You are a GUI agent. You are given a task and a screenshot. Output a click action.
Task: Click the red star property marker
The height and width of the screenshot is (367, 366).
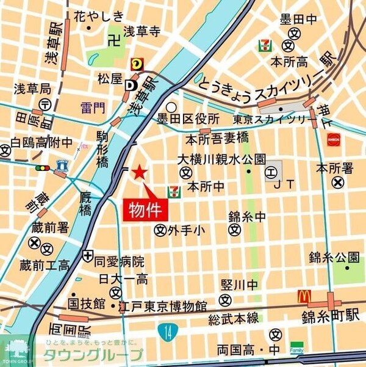(140, 172)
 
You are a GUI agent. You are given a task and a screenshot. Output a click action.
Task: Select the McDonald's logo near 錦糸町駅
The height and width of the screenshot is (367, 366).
(304, 297)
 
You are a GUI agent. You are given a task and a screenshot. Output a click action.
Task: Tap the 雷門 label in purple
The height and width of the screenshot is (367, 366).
(93, 108)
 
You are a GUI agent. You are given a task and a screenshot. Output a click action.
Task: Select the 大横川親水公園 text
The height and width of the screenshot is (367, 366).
(221, 159)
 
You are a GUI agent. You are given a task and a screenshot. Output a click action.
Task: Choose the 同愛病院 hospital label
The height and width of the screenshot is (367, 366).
(120, 262)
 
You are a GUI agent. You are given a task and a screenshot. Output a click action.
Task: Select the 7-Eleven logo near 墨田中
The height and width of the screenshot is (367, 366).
(265, 45)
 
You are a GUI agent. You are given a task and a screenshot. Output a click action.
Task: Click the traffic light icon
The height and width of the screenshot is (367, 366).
(43, 167)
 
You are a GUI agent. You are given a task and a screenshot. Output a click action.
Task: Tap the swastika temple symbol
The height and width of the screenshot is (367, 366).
(112, 42)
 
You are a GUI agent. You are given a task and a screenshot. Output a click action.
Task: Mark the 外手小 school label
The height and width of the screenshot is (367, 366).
(187, 230)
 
